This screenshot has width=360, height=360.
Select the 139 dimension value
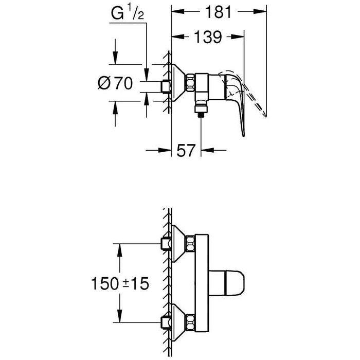[x=208, y=37]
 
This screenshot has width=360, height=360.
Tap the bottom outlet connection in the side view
[x=201, y=109]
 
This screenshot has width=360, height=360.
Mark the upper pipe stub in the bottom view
[x=166, y=242]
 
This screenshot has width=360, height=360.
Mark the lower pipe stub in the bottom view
[x=166, y=323]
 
